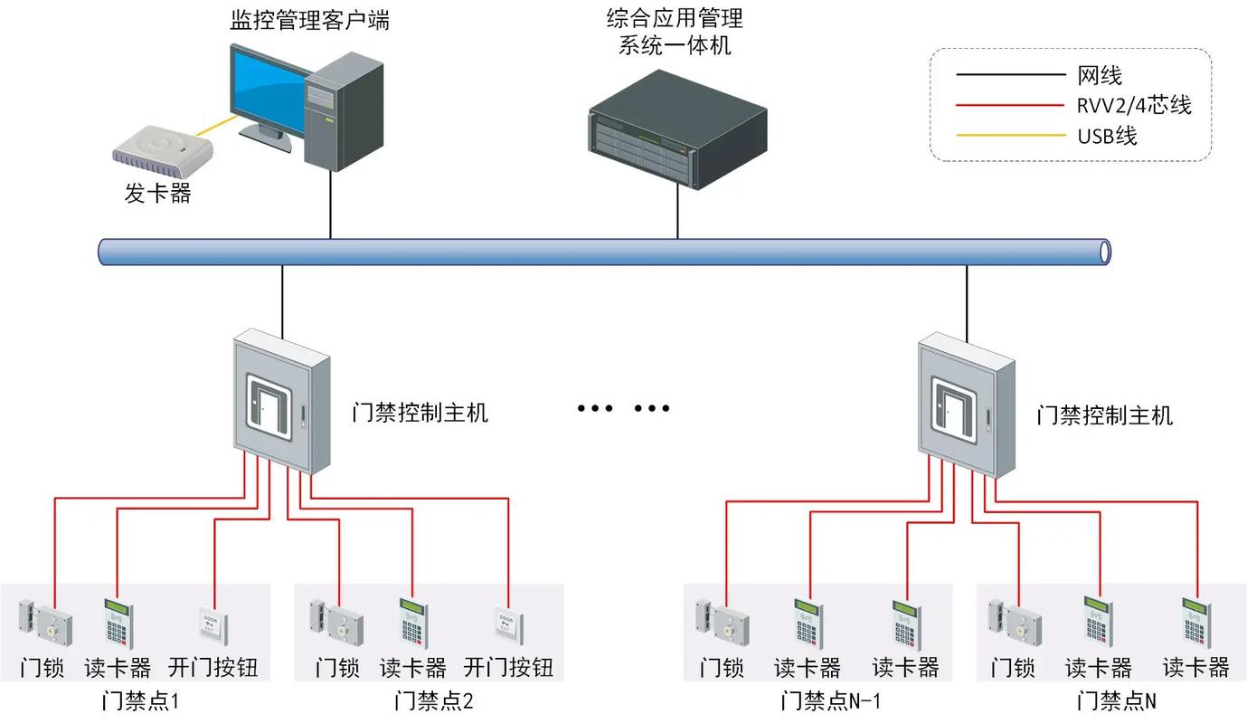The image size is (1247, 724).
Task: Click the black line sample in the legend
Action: point(1010,75)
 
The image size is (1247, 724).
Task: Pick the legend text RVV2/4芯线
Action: point(1134,106)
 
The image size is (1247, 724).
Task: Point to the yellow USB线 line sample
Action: point(1010,136)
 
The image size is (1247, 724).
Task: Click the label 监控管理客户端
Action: point(309,20)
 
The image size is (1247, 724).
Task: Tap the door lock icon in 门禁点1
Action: point(45,622)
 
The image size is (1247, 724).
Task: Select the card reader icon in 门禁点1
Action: point(118,623)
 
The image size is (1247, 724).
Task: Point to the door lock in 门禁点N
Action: point(1014,622)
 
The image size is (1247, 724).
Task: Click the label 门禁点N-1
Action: point(830,701)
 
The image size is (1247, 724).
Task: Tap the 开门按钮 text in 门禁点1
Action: point(213,668)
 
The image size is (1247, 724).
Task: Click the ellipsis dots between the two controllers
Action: point(624,408)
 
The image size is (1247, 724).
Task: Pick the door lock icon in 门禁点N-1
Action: point(722,622)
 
